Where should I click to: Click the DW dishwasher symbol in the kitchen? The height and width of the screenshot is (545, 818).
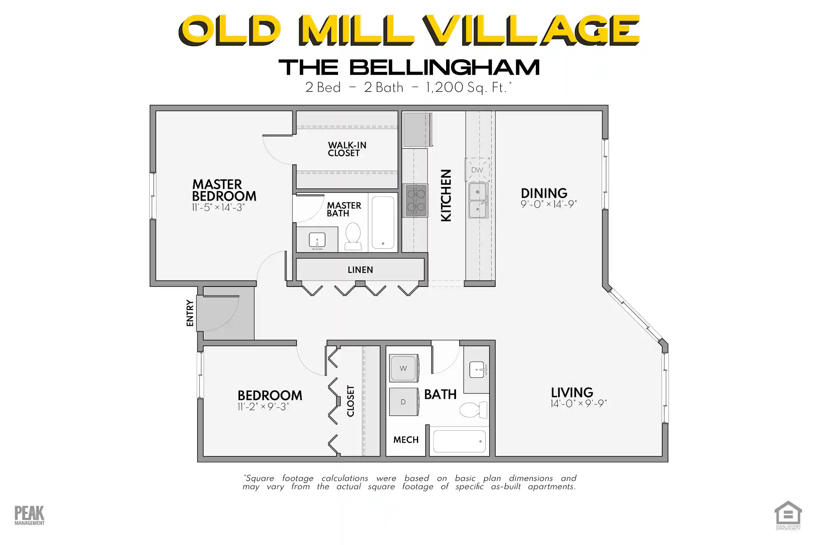pos(477,170)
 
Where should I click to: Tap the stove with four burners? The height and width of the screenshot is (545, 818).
pos(416,201)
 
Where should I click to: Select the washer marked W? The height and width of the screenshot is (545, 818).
pos(404,368)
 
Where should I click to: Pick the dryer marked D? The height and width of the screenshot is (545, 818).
pos(404,402)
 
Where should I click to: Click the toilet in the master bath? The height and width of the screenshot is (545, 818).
pos(353,236)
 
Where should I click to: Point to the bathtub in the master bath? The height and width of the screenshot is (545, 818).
pos(383,222)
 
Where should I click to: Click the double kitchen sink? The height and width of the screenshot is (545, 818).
pos(478,200)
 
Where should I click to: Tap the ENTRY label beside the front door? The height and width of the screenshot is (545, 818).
pos(190,313)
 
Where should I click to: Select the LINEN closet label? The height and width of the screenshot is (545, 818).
pos(360,270)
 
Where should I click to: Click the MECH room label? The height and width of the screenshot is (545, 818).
pos(406,440)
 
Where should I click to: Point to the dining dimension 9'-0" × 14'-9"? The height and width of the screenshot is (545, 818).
pos(548,204)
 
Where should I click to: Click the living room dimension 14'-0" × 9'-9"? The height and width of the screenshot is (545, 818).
pos(578,403)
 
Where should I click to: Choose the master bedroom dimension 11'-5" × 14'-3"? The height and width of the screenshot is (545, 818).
pos(218,207)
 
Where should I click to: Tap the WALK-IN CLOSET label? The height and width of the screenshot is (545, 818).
pos(347,149)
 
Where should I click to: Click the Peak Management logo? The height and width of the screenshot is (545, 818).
pos(30,515)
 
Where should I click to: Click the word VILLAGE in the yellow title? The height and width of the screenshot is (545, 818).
pos(531,30)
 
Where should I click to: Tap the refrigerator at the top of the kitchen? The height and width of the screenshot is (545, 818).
pos(417,129)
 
